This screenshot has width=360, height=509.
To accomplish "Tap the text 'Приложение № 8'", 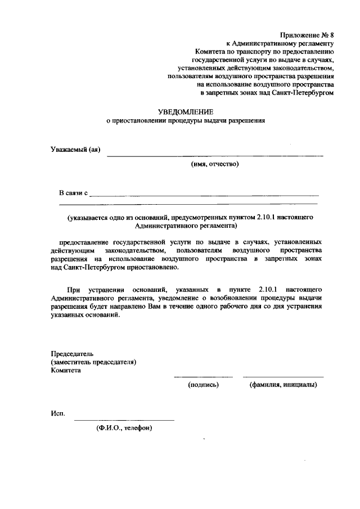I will point(307,34).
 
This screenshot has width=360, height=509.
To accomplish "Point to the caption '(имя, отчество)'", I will point(215,164).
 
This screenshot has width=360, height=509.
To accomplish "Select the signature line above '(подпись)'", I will point(203,376).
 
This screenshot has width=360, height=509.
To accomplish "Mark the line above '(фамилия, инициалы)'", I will point(283,376).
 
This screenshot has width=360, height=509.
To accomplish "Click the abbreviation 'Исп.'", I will point(58,414).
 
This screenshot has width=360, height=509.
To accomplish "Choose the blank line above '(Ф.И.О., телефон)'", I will point(124,420).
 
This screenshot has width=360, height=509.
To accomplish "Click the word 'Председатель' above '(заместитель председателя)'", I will point(72,354).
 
